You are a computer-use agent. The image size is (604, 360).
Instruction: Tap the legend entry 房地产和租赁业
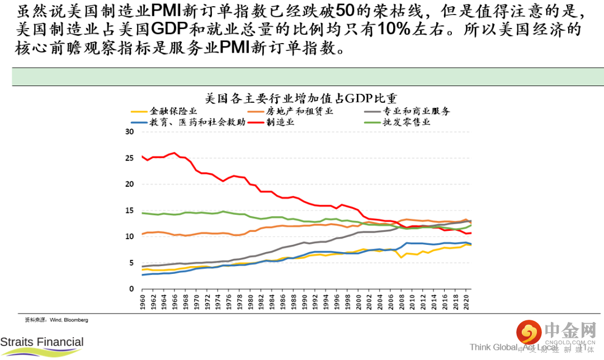(299, 111)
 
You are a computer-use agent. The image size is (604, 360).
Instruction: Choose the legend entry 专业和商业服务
(416, 111)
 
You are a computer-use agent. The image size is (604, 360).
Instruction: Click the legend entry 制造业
(280, 122)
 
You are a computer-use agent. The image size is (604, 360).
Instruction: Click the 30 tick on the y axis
(130, 132)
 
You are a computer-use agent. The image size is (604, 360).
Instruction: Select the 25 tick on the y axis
(130, 158)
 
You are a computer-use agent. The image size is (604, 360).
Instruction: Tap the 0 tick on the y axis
(133, 289)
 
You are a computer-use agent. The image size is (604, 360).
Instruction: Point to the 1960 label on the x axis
(143, 302)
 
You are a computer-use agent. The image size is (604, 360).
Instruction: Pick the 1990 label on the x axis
(305, 302)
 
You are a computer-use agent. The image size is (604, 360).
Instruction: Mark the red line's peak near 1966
(175, 153)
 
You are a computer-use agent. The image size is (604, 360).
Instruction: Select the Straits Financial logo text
(42, 342)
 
